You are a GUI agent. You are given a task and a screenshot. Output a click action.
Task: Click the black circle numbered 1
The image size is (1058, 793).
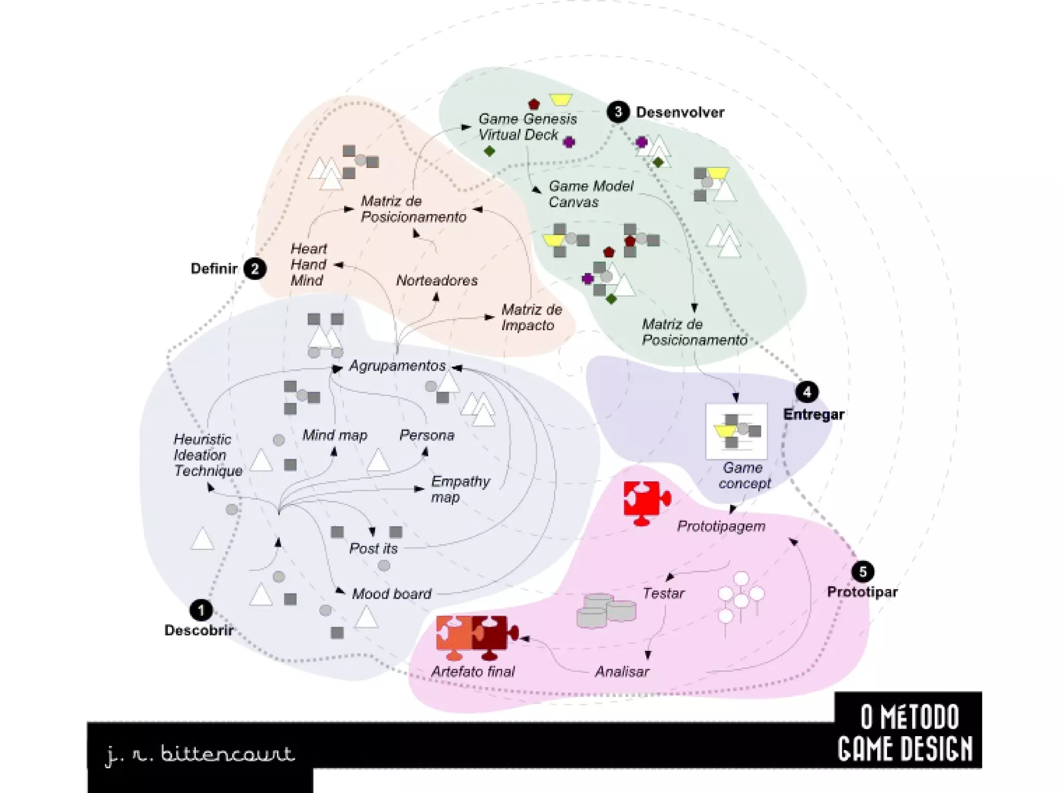201,610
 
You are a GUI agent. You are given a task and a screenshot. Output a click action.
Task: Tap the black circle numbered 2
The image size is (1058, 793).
255,269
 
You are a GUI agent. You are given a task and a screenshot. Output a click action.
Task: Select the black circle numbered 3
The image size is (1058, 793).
618,112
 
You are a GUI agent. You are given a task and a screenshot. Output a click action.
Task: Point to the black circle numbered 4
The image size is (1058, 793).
807,392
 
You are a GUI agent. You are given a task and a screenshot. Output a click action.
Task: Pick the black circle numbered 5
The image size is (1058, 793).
862,571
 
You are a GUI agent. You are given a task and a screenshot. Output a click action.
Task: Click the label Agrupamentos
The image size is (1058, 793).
397,366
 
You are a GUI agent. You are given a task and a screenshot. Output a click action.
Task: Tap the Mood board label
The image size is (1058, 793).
392,594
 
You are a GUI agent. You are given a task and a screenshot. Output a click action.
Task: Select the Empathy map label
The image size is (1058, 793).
460,489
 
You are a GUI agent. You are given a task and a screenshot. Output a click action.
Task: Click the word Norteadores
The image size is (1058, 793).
437,281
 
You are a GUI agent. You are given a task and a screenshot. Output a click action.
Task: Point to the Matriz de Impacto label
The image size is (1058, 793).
531,317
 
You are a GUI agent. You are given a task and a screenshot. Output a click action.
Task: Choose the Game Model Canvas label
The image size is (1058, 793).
590,194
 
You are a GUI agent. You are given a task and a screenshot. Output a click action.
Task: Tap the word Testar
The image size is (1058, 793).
663,593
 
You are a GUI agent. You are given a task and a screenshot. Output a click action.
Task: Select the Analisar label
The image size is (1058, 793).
622,672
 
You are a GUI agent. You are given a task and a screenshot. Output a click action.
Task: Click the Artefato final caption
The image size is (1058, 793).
473,672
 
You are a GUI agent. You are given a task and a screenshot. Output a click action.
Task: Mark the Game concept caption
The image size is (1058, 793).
743,475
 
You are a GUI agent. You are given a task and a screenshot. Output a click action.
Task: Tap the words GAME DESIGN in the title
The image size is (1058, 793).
905,750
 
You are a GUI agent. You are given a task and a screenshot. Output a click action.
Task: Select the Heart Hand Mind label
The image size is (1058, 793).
308,265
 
